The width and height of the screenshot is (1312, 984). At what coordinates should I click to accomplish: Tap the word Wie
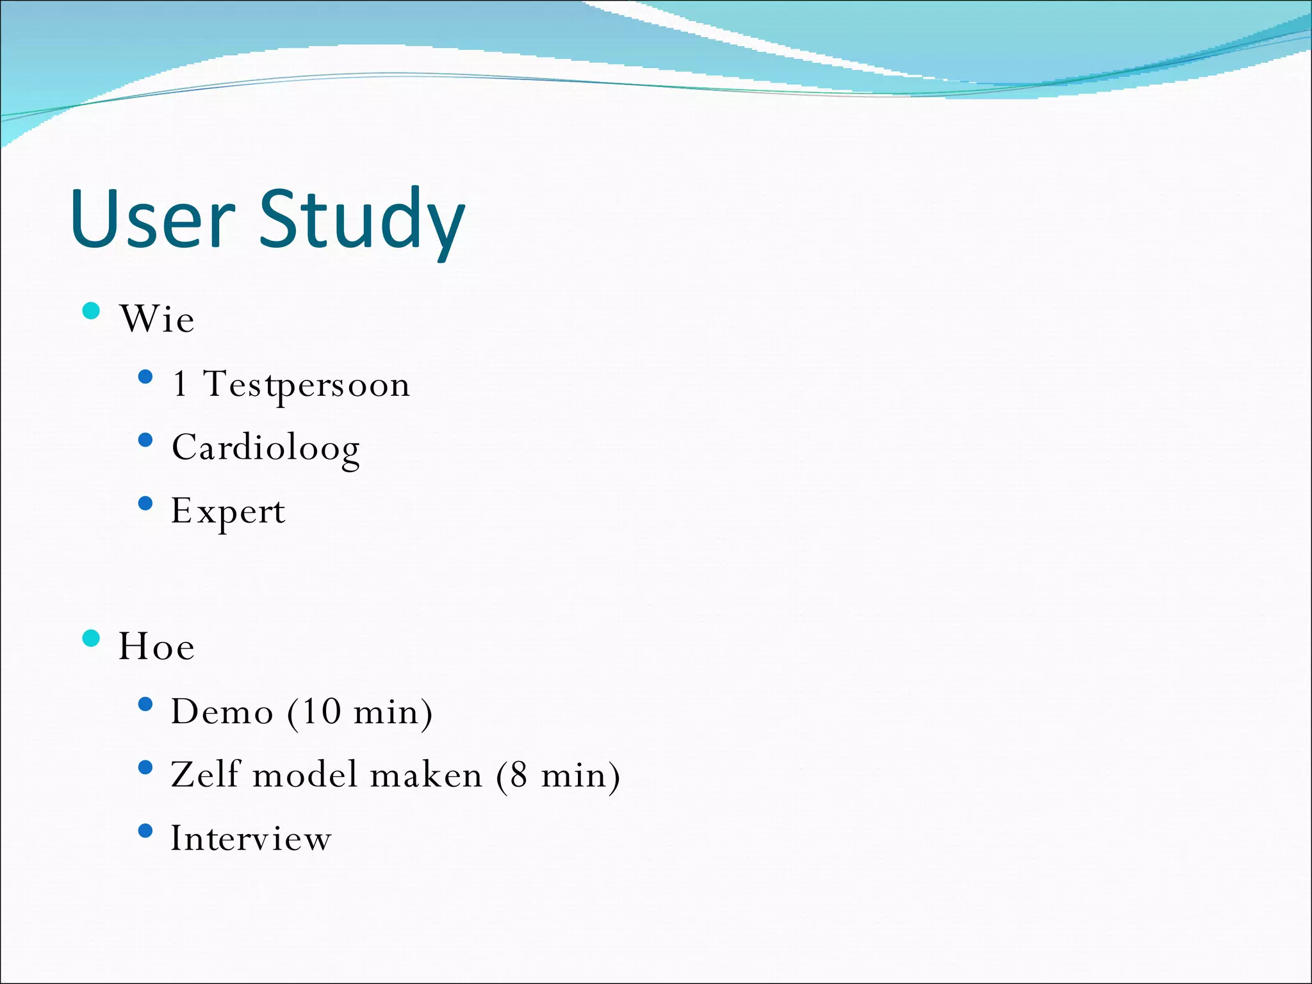click(x=157, y=319)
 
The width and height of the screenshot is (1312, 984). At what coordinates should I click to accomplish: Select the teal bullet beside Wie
click(x=92, y=311)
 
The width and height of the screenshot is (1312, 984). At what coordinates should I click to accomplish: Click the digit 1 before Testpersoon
click(x=180, y=384)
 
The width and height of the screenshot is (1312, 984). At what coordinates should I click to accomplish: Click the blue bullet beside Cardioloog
click(x=145, y=440)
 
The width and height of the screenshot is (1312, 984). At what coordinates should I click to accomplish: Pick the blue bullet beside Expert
click(x=145, y=504)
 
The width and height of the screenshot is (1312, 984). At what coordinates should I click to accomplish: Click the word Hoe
click(x=157, y=646)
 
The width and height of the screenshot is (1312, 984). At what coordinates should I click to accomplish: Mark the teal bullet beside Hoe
click(x=92, y=639)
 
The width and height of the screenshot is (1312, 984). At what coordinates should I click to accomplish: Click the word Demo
click(x=222, y=712)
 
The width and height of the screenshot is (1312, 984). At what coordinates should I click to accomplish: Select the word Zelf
click(x=205, y=775)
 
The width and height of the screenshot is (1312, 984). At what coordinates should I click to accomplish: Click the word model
click(x=305, y=775)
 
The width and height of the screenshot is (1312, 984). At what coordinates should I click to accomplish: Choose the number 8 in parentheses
click(x=519, y=775)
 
